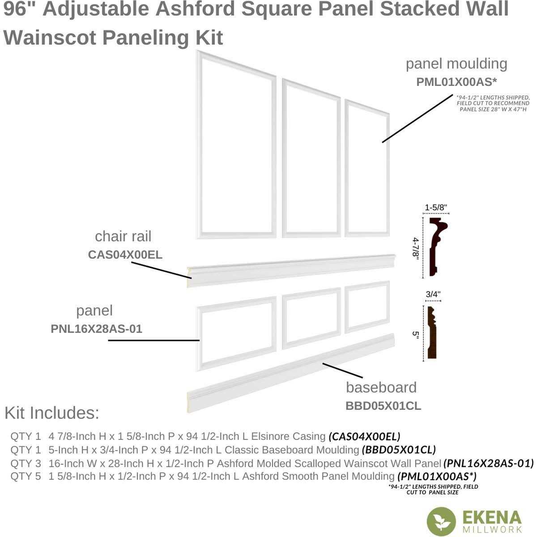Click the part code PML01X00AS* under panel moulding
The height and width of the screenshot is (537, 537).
click(x=456, y=82)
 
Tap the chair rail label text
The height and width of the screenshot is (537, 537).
click(x=123, y=236)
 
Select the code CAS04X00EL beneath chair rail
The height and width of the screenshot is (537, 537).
click(x=125, y=255)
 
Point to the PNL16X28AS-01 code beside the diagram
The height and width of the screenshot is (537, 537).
click(x=97, y=329)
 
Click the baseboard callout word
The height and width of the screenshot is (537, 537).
click(x=381, y=387)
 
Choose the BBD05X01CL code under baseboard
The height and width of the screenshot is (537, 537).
click(x=383, y=406)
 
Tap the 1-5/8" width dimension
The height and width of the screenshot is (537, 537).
click(x=436, y=207)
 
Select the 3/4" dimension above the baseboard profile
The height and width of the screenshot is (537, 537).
click(x=433, y=294)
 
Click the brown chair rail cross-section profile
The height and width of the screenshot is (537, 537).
click(x=436, y=246)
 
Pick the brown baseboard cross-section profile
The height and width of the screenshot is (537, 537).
click(x=433, y=333)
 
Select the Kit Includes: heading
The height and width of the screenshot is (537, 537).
click(x=51, y=413)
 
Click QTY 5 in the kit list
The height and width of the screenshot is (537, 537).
click(x=26, y=476)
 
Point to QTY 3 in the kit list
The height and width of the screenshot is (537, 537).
click(x=26, y=463)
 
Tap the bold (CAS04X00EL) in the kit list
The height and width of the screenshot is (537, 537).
click(x=364, y=436)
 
